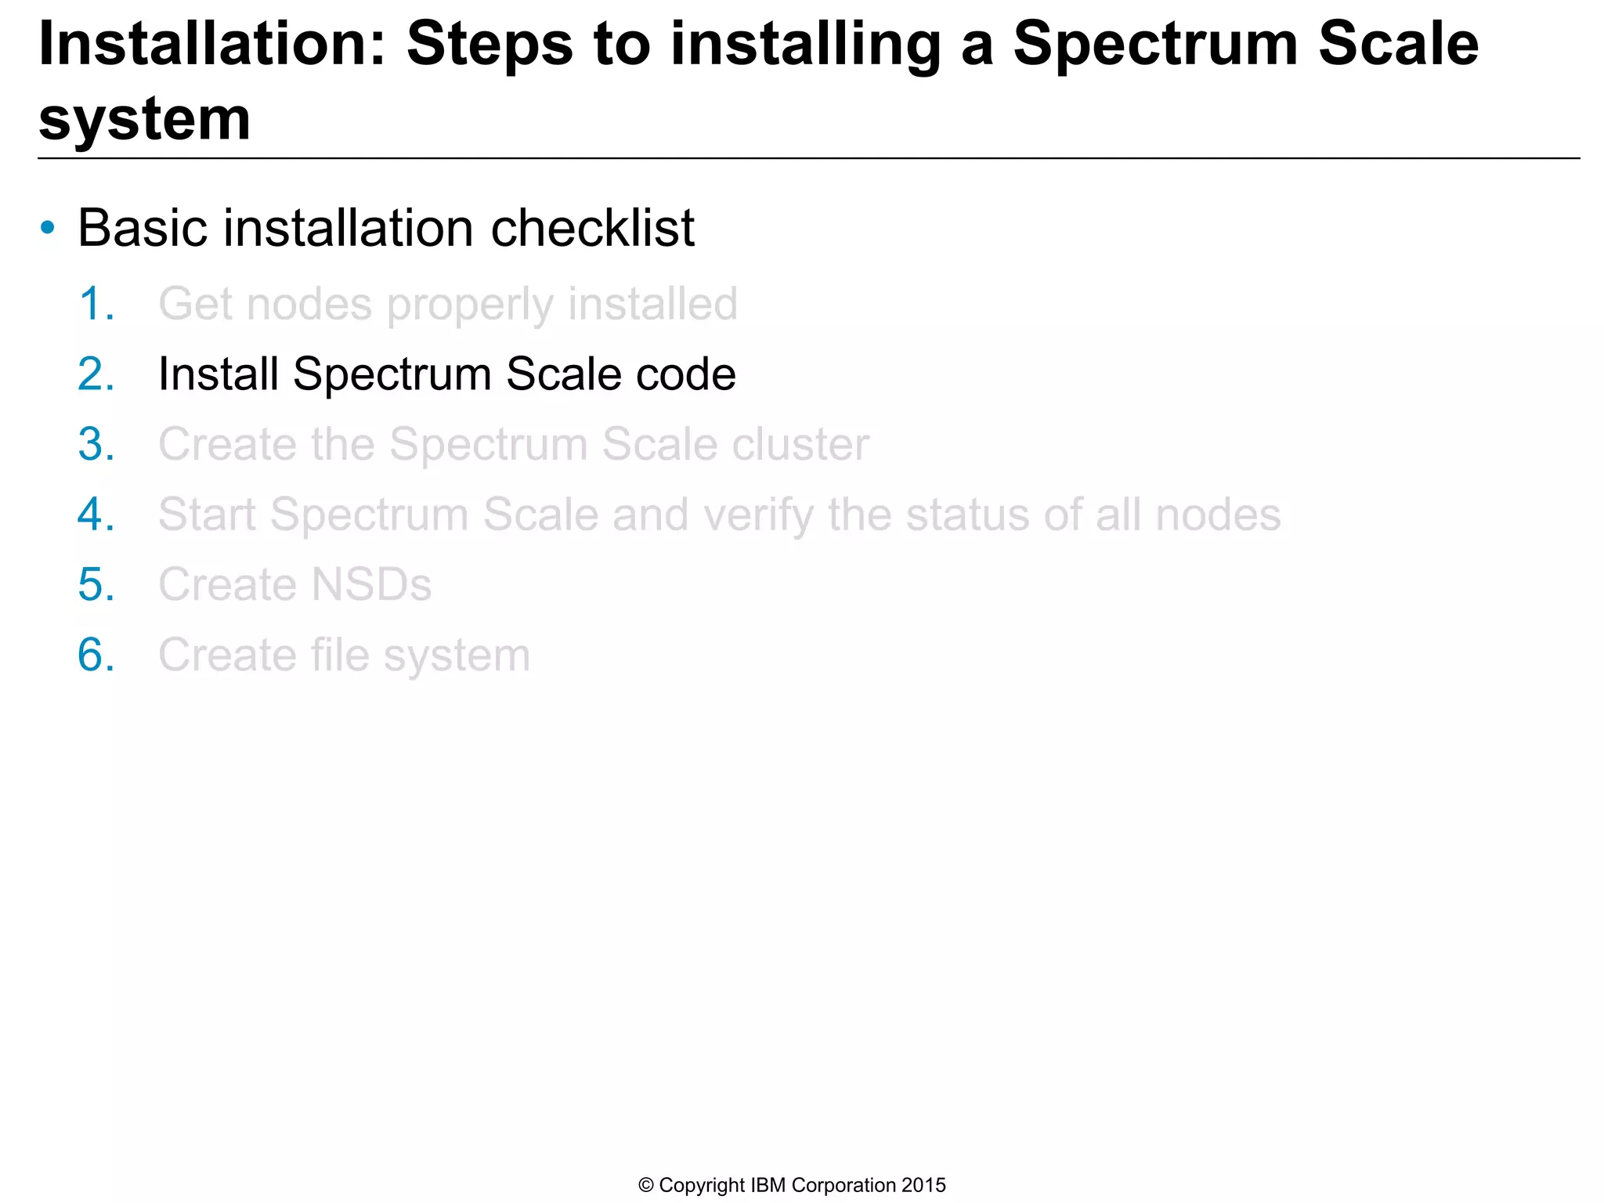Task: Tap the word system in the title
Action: pos(145,119)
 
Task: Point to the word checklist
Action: pos(592,229)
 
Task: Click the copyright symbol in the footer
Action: pos(646,1186)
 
